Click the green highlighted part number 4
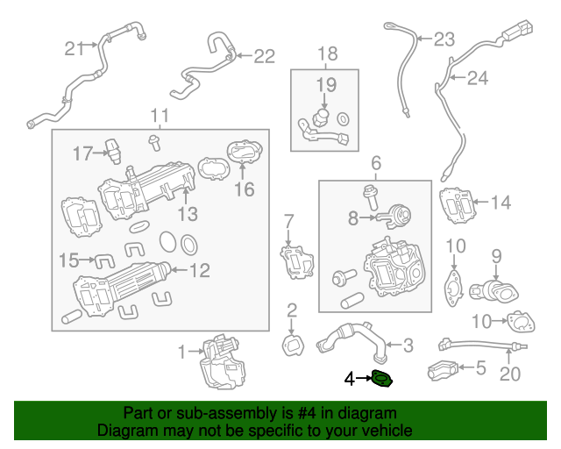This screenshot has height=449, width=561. pyautogui.click(x=382, y=379)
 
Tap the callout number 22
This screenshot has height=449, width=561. pyautogui.click(x=264, y=56)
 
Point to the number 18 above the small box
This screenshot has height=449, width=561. pyautogui.click(x=326, y=54)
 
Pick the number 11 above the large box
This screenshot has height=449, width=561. pyautogui.click(x=159, y=116)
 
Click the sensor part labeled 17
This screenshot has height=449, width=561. pyautogui.click(x=112, y=149)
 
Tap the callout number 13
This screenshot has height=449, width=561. pyautogui.click(x=188, y=213)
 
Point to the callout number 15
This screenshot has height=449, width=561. pyautogui.click(x=69, y=260)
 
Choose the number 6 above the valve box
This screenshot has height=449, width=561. pyautogui.click(x=376, y=162)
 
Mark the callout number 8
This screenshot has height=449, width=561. pyautogui.click(x=353, y=217)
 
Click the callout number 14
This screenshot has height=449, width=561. pyautogui.click(x=500, y=203)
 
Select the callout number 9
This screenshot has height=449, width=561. pyautogui.click(x=495, y=256)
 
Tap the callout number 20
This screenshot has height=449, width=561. pyautogui.click(x=509, y=374)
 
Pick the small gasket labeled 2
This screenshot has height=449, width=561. pyautogui.click(x=292, y=345)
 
